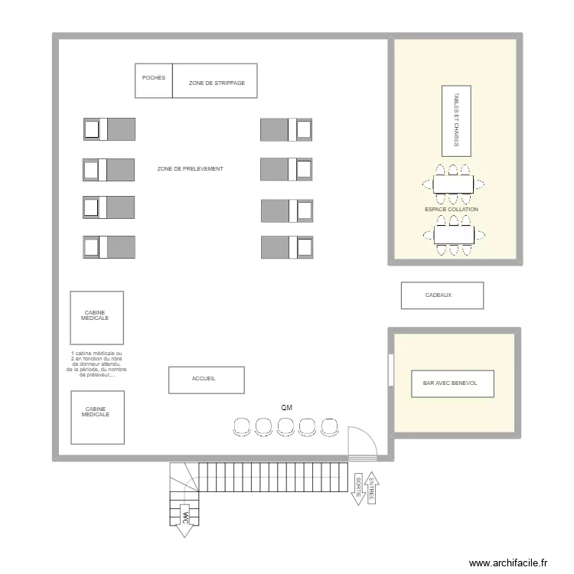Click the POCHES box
(x=154, y=80)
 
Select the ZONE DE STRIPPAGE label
(x=217, y=83)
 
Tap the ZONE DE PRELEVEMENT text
(x=190, y=168)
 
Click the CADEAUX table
(x=442, y=295)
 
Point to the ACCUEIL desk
(x=206, y=380)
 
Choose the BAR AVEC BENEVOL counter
(x=452, y=383)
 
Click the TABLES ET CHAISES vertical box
(x=457, y=120)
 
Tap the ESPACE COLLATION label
(x=452, y=209)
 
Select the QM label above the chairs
(x=286, y=408)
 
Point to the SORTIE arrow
(x=357, y=488)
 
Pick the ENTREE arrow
(x=371, y=488)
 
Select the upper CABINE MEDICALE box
(x=96, y=317)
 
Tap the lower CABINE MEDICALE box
(x=96, y=417)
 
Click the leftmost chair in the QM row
(x=241, y=427)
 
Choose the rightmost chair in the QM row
(x=330, y=427)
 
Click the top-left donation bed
(x=109, y=129)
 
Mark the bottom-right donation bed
(x=287, y=247)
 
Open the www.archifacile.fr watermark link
(x=509, y=563)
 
